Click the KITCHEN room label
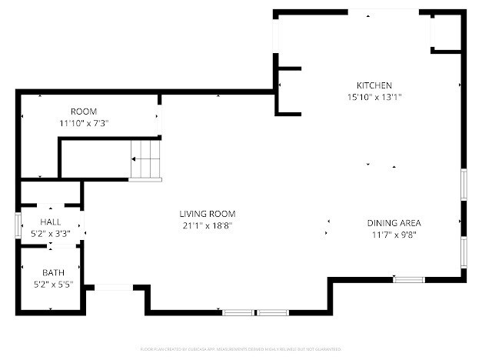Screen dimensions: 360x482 coord(374,85)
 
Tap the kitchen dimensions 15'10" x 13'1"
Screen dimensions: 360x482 coord(374,97)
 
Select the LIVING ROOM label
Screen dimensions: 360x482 coord(207,214)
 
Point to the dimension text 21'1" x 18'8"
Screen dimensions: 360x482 coord(207,225)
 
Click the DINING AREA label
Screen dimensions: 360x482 coord(394,223)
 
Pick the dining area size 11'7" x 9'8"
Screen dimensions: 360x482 coord(394,235)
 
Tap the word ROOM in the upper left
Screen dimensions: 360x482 coord(84,112)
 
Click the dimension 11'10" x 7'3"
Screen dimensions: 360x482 coord(84,123)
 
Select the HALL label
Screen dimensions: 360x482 coord(50,222)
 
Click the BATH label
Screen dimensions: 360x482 coord(53,272)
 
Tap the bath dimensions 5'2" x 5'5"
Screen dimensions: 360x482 coord(53,284)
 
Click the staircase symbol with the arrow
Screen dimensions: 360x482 coord(145,160)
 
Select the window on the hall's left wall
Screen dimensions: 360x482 coord(18,226)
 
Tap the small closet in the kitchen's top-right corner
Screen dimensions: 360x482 coord(445,32)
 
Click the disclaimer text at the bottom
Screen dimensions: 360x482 coord(241,348)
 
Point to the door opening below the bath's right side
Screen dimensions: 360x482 coord(114,288)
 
